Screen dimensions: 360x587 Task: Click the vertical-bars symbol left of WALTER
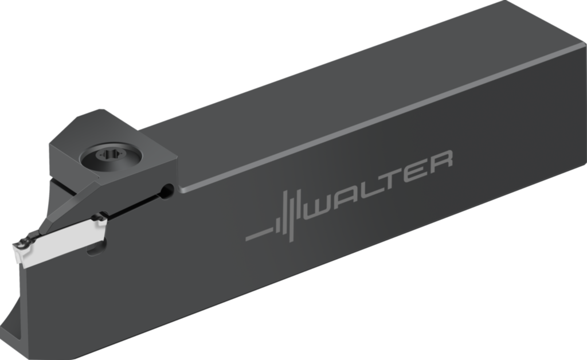[x=289, y=215]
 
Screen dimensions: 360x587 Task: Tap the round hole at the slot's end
[x=167, y=190]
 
